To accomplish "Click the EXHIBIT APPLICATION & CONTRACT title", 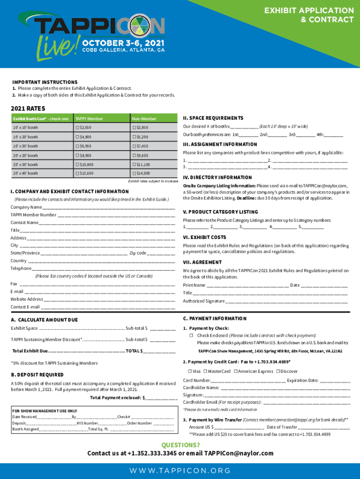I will (x=309, y=15).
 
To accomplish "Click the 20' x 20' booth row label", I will (x=26, y=155).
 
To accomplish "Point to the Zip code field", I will (x=163, y=253).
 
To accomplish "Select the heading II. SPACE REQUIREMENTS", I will (x=213, y=118).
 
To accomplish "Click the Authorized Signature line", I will (x=287, y=301).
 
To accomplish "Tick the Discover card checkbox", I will (x=279, y=371).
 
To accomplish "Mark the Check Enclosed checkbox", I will (x=191, y=336).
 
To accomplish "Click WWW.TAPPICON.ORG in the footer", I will (x=180, y=471).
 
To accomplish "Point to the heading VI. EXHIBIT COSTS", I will (x=204, y=237).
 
